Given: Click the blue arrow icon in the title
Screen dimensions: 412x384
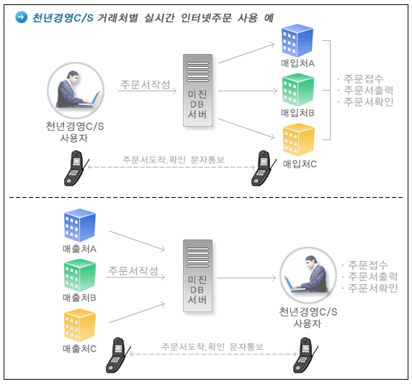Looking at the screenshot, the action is coord(22,17).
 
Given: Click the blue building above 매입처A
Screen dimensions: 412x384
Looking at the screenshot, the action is coord(297,40).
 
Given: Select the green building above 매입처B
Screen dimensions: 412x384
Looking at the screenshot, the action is coord(298,90).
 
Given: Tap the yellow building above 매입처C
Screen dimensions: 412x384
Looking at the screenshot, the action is coord(299,140).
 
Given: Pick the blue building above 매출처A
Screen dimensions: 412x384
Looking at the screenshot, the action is coord(80,225).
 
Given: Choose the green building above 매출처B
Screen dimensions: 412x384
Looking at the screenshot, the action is coord(80,275).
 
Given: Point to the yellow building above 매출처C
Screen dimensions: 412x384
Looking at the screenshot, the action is coord(80,325).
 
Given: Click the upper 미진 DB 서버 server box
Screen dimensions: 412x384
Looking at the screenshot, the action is coord(197,90).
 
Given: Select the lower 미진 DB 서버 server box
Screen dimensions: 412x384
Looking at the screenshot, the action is coord(197,275).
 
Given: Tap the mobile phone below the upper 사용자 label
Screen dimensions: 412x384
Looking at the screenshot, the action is coord(76,168).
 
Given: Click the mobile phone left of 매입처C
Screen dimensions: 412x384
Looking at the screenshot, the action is coord(264,168).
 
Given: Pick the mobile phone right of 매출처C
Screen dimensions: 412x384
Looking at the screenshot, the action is coord(118,355).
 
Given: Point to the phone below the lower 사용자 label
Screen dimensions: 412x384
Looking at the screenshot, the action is coord(305,355).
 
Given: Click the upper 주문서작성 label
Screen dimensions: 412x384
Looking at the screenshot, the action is coord(145,84).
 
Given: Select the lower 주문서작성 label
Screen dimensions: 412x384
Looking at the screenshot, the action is coord(133,270).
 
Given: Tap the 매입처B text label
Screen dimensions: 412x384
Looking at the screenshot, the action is coord(297,113).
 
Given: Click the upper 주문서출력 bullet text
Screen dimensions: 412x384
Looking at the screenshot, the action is coord(368,90).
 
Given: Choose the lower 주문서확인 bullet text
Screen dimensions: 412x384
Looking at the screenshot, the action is coord(373,288).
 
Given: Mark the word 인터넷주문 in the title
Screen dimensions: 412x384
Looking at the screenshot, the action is coord(206,18).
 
